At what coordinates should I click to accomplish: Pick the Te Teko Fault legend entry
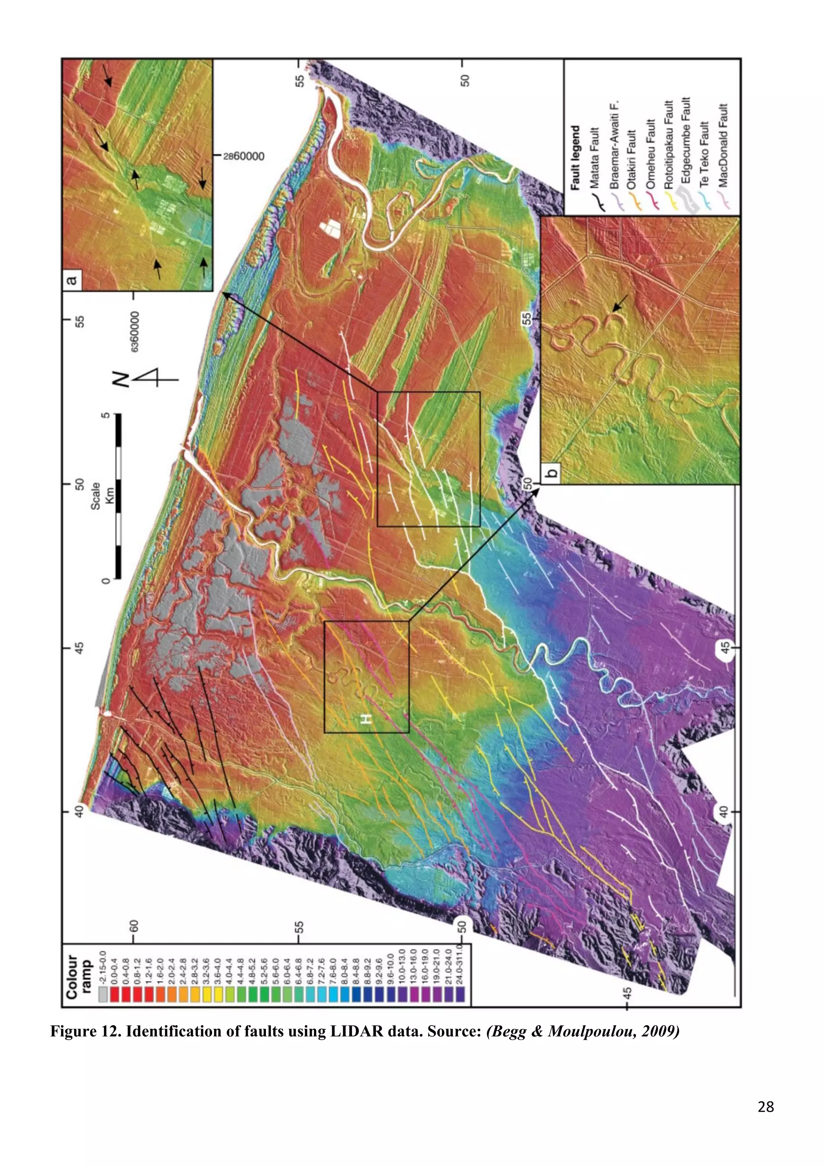tap(704, 155)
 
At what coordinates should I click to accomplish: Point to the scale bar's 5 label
tap(105, 415)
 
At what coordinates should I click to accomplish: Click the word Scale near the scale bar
tap(95, 496)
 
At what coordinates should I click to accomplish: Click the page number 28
tap(765, 1106)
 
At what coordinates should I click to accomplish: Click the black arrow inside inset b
tap(619, 303)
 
